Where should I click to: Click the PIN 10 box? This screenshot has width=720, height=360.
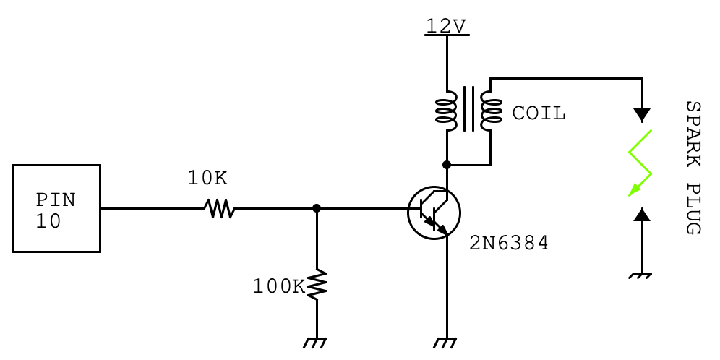pos(56,209)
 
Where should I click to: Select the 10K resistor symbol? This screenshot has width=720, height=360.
pos(220,209)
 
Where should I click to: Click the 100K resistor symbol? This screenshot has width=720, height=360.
pos(317,285)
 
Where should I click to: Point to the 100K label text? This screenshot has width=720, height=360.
pos(278,287)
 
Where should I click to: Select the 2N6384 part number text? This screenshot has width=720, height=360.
pos(509,244)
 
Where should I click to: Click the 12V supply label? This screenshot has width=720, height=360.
pos(446,26)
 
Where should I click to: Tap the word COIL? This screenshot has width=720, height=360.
pos(539,113)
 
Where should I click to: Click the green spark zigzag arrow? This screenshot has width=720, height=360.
pos(640,163)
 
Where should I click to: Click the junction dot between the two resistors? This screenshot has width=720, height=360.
pos(317,208)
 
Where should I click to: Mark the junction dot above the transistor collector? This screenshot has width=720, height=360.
pos(447,165)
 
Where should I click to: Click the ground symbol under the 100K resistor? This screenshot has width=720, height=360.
pos(317,343)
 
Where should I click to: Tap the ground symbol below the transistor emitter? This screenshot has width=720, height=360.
pos(447,343)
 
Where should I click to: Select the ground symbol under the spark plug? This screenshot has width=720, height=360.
pos(641,275)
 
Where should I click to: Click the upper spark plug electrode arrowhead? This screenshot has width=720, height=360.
pos(641,114)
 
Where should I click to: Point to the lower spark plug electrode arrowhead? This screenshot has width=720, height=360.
pos(641,214)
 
